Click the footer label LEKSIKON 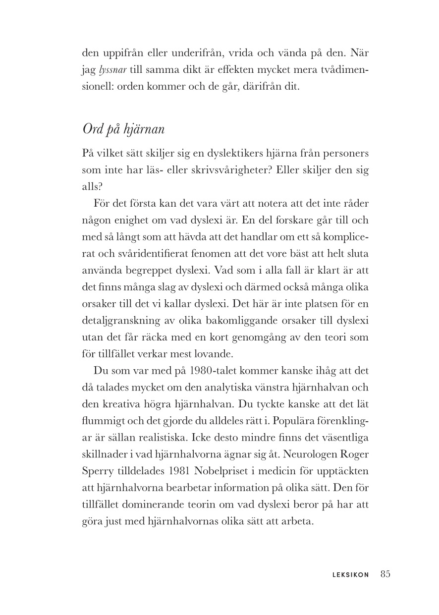click(350, 575)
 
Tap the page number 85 click(386, 574)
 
